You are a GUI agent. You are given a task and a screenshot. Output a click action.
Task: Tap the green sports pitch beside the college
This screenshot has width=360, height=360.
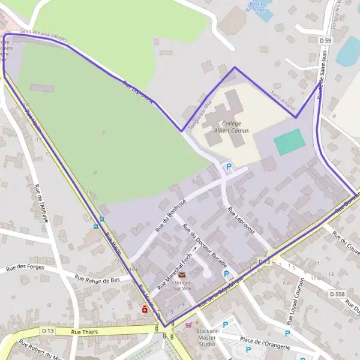click(289, 142)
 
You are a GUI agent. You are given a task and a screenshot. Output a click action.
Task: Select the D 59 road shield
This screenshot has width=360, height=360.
click(325, 40)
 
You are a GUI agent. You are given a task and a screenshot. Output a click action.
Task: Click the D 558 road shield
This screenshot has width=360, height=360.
click(337, 294)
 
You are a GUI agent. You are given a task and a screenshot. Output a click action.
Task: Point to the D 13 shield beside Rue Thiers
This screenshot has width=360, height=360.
click(49, 331)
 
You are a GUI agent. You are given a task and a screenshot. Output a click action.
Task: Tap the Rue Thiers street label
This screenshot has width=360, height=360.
click(83, 331)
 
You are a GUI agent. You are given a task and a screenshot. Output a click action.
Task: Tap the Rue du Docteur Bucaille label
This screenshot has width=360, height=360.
click(205, 246)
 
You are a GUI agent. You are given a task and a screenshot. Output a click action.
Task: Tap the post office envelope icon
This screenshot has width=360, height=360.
click(182, 275)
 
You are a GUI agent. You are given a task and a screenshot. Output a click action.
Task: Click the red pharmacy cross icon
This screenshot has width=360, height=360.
click(145, 310)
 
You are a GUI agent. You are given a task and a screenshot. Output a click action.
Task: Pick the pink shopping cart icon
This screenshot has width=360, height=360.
click(189, 325)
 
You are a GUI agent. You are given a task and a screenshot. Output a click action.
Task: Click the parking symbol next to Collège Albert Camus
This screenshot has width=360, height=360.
click(228, 166)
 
